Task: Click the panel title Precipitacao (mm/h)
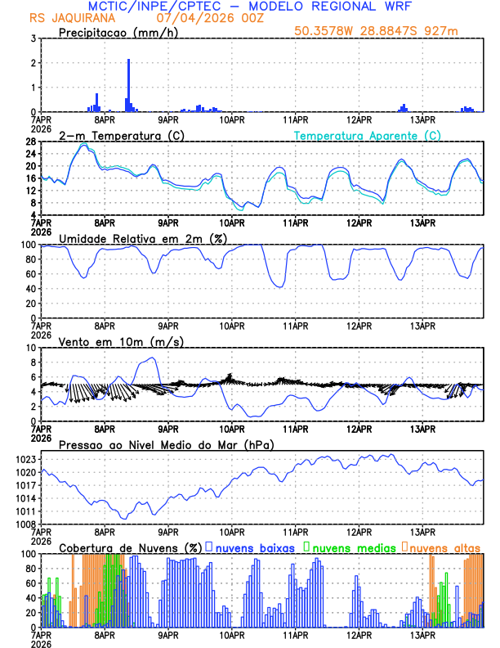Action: tap(115, 33)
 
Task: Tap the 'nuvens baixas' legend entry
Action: tap(250, 547)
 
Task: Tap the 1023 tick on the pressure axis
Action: tap(25, 459)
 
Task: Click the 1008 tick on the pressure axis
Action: tap(25, 524)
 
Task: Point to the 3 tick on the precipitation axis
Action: tap(33, 38)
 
